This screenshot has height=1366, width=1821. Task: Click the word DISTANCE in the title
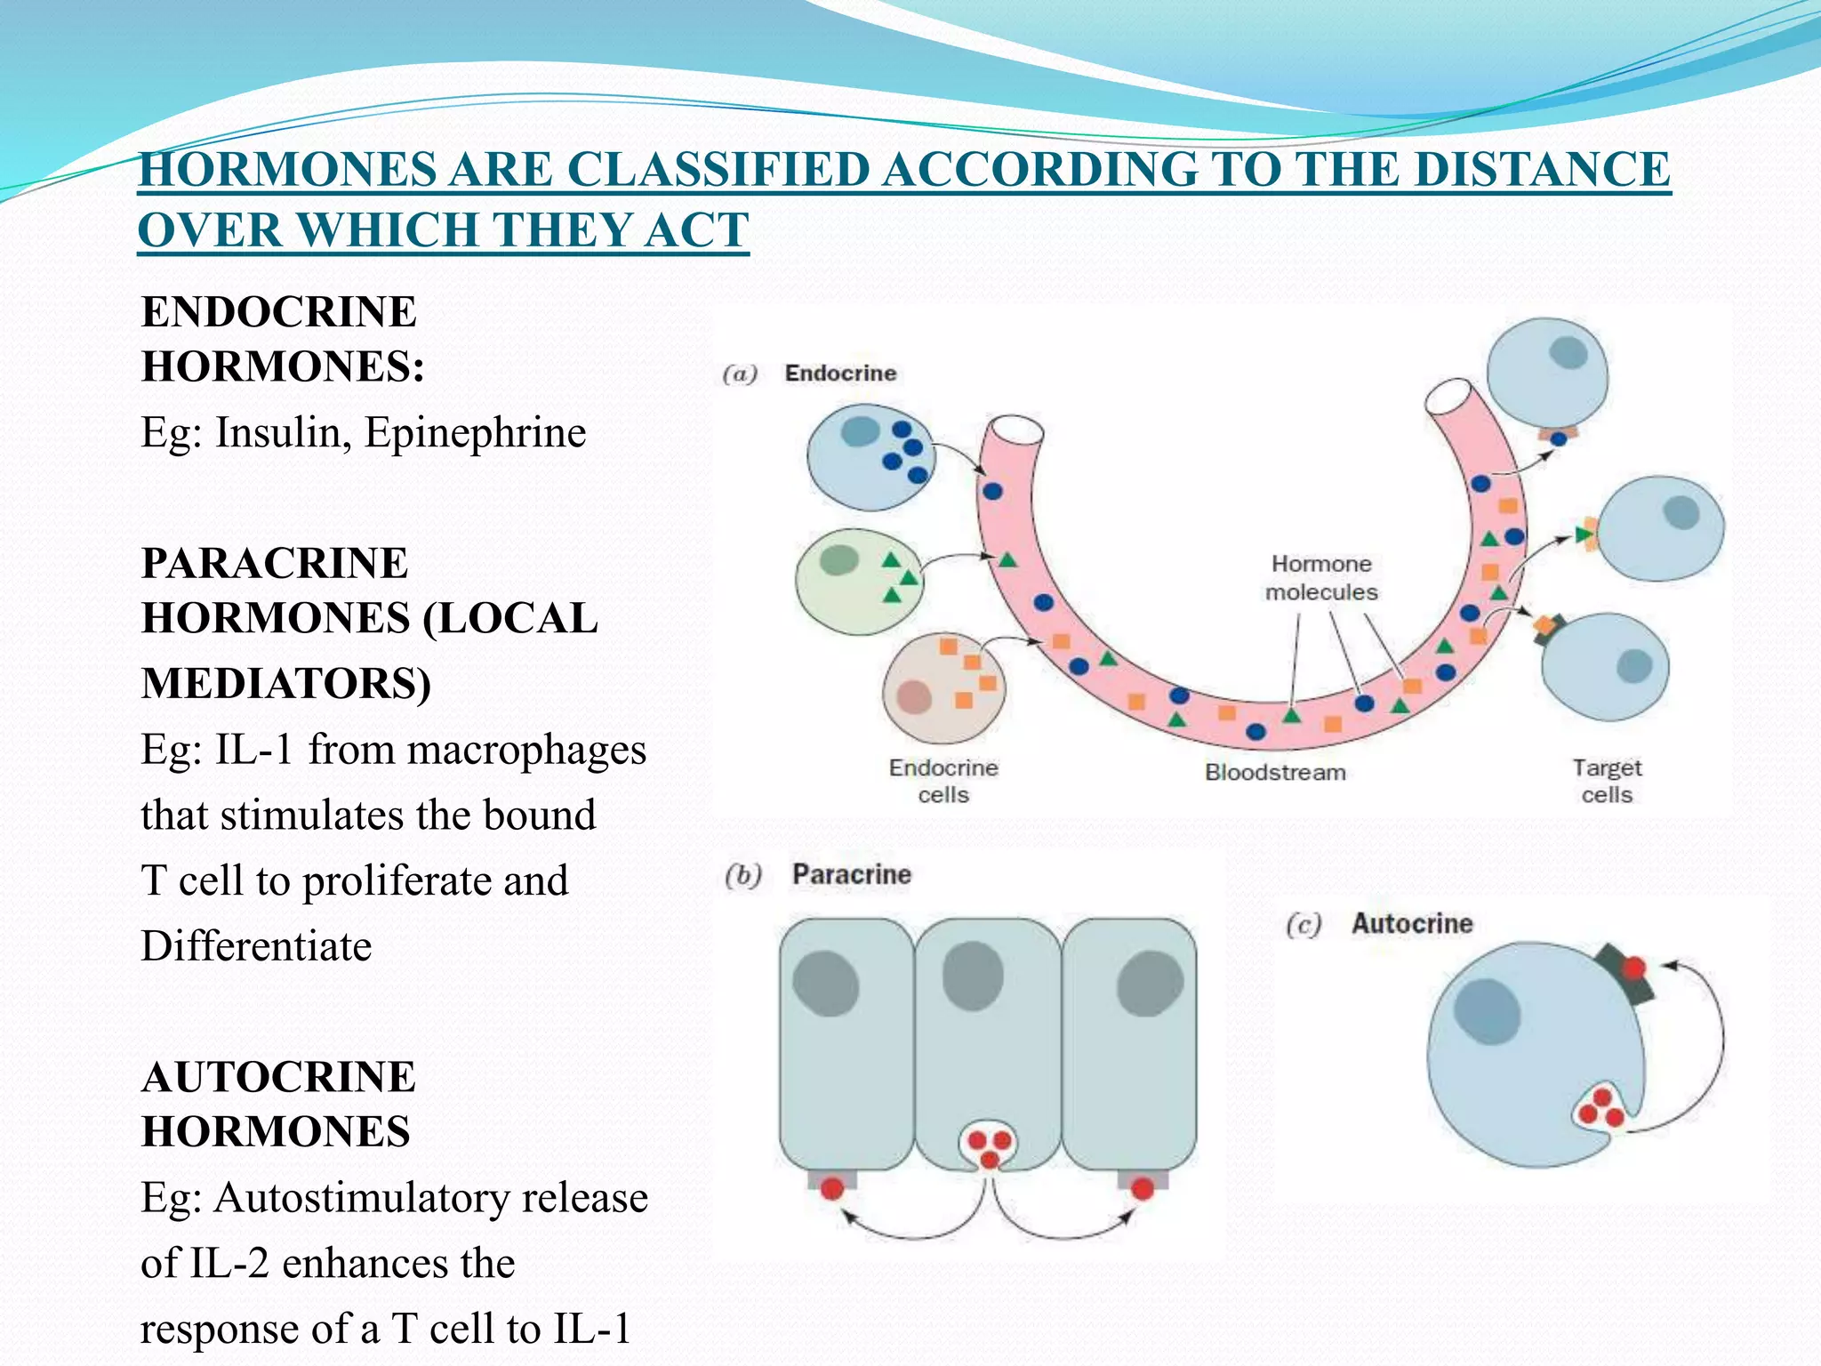click(x=1542, y=169)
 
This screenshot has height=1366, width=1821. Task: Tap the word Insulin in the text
click(x=283, y=433)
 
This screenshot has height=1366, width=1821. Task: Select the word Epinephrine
click(x=475, y=433)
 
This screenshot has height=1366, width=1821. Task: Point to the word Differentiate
click(x=256, y=946)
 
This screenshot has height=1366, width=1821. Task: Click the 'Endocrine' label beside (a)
click(x=839, y=374)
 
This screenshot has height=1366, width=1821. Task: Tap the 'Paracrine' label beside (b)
click(x=851, y=875)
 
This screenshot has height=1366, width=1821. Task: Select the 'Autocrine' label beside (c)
click(x=1412, y=924)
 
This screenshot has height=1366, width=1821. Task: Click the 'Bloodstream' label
click(x=1275, y=772)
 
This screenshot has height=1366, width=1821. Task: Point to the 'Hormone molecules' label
click(x=1321, y=578)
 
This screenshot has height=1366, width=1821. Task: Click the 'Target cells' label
click(x=1607, y=781)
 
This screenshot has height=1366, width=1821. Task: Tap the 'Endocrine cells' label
click(x=943, y=781)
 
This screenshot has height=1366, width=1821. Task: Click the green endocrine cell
click(x=855, y=582)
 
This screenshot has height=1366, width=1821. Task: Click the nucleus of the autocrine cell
click(x=1487, y=1011)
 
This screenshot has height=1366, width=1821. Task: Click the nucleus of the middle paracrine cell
click(x=973, y=976)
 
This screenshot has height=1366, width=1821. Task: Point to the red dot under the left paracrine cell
click(x=832, y=1188)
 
